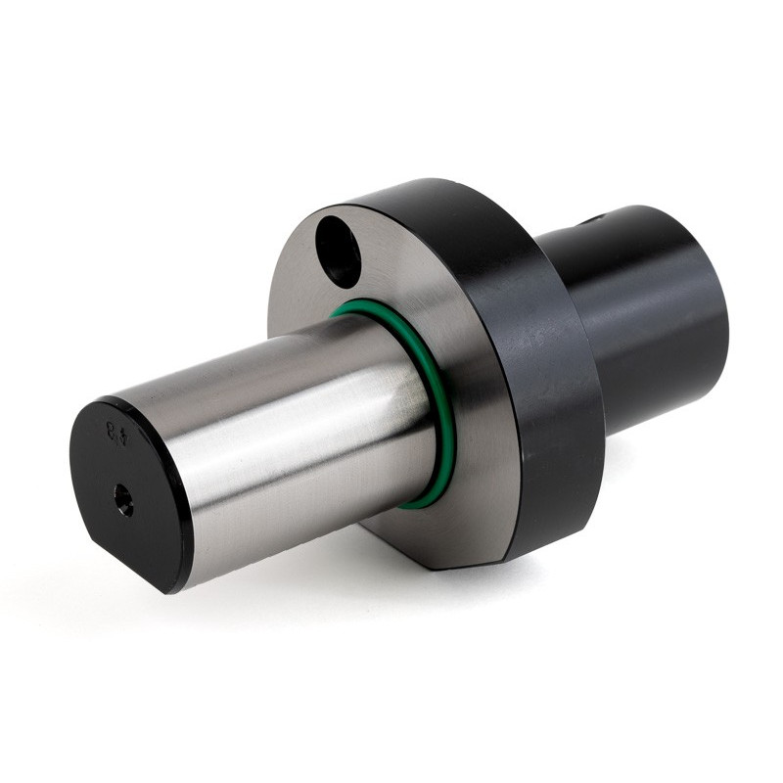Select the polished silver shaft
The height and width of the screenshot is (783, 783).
pos(294,431)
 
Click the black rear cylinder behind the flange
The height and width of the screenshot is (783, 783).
pos(646,313)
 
